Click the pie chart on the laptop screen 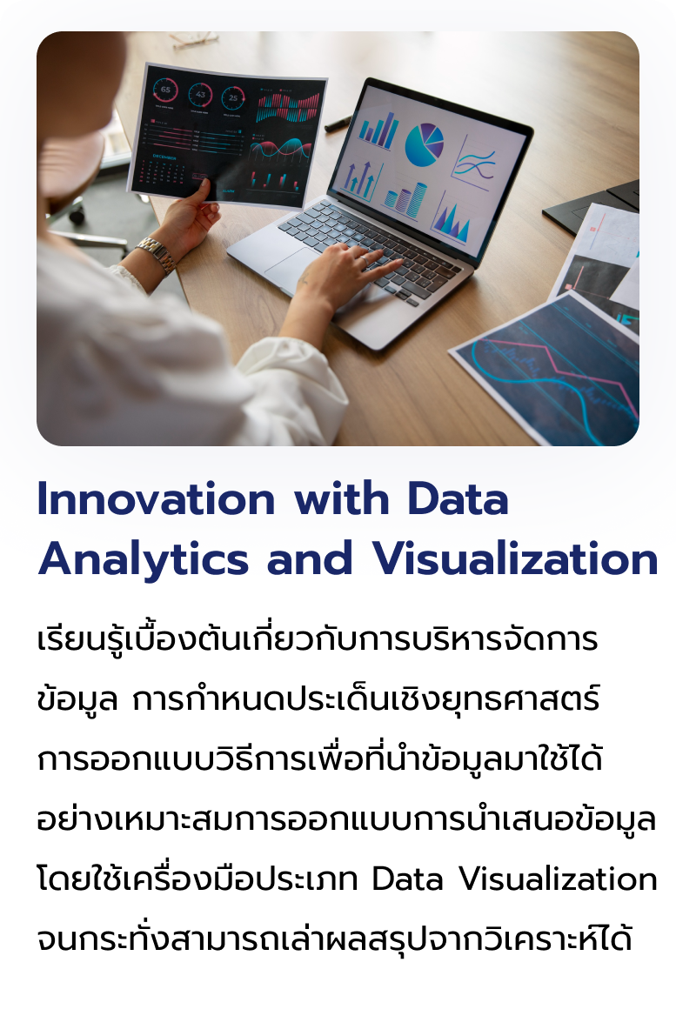425,144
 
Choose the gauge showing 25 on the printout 232,97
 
